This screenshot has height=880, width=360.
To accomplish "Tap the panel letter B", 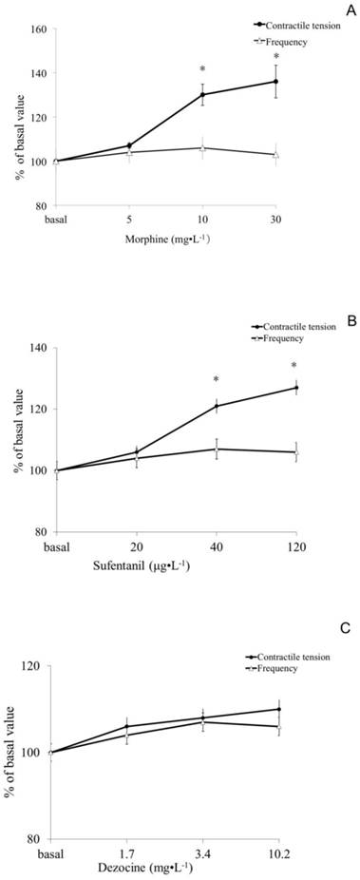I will [350, 322].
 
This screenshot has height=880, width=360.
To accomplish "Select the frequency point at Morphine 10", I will [202, 148].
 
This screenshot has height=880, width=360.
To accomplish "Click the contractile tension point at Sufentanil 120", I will [295, 388].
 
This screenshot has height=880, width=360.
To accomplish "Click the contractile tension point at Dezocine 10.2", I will [278, 709].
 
